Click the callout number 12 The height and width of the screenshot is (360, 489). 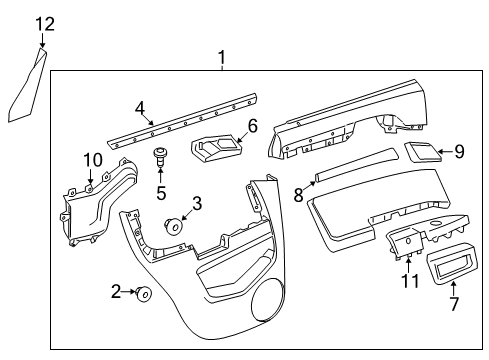tap(44, 24)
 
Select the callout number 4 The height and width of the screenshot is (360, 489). tap(140, 107)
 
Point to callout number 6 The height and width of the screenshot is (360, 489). tap(253, 126)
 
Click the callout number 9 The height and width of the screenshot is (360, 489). tap(459, 153)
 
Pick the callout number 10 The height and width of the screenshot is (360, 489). tap(91, 160)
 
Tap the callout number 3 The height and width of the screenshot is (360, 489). tap(196, 204)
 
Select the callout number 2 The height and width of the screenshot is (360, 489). tap(116, 292)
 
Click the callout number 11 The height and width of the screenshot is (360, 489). tap(405, 283)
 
